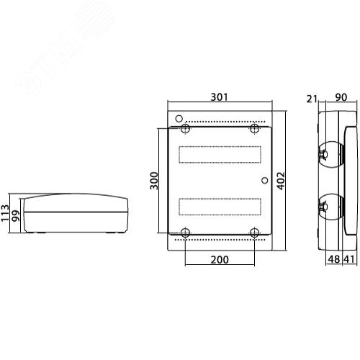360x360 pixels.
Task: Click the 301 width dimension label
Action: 219,97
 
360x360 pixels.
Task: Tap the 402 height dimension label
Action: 282,181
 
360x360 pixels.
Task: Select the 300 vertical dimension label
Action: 154,181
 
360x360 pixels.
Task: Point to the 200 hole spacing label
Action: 220,260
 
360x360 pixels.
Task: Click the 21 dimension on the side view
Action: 312,99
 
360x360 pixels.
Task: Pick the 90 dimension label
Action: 341,97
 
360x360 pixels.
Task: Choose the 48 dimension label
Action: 334,259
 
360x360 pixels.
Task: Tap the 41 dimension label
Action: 348,259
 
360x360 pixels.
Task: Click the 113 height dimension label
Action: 5,213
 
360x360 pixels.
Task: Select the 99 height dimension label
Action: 16,216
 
